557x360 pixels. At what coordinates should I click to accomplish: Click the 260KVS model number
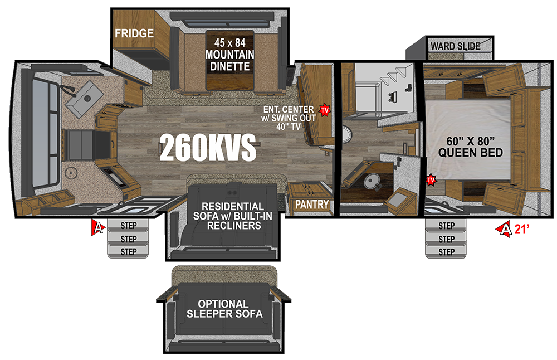tap(208, 148)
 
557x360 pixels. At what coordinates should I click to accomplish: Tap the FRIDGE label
tap(134, 33)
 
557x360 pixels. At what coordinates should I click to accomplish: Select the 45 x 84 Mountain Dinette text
tap(230, 55)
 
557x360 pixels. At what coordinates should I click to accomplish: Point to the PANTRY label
tap(312, 205)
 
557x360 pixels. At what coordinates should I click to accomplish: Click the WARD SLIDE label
tap(456, 46)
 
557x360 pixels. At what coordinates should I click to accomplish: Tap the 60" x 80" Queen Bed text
tap(470, 147)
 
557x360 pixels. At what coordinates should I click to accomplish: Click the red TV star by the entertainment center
tap(325, 110)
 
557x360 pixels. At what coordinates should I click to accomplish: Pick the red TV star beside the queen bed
tap(431, 179)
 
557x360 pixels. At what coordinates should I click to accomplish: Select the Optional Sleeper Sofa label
tap(224, 309)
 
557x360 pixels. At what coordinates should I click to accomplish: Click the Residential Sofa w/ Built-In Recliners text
tap(233, 216)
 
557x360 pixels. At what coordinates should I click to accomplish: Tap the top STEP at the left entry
tap(128, 226)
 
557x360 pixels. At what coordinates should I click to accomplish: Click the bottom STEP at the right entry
tap(446, 252)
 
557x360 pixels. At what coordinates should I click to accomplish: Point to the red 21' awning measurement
tap(521, 229)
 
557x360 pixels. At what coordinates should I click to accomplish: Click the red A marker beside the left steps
tap(98, 227)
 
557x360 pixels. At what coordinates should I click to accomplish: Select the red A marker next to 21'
tap(504, 229)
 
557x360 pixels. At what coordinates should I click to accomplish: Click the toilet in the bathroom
tap(370, 181)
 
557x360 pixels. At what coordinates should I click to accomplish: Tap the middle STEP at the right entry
tap(446, 239)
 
